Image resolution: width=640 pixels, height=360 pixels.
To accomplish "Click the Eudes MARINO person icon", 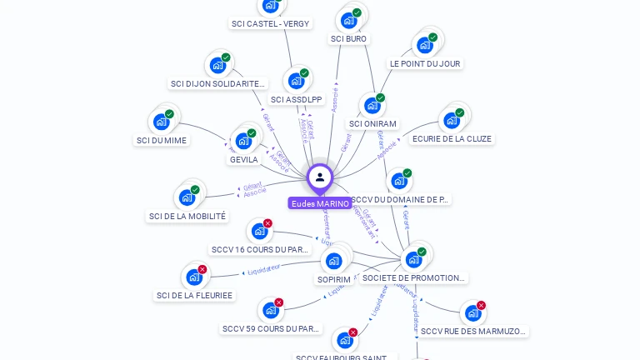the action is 320,177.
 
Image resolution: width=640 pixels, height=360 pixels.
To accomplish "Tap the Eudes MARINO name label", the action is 320,203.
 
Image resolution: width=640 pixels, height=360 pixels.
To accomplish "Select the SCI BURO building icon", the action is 348,20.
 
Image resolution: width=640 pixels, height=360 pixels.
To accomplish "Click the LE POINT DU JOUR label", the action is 425,63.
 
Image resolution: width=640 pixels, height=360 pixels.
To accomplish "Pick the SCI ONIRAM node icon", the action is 372,106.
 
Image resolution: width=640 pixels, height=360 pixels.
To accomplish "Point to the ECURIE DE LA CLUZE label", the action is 452,139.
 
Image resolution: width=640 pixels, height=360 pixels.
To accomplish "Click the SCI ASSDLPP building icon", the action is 296,81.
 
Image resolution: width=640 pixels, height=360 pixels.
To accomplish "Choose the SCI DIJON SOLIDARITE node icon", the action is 217,65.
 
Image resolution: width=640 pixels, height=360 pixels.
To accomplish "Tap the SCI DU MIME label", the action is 162,140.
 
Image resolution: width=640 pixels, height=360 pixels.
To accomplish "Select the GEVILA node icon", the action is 243,141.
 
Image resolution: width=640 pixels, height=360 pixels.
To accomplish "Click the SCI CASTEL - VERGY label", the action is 270,24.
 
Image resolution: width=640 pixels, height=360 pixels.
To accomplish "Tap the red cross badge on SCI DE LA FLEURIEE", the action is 202,269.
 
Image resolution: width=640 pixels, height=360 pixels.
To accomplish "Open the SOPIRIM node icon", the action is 334,261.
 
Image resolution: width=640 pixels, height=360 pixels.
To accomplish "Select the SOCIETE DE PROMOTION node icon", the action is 413,259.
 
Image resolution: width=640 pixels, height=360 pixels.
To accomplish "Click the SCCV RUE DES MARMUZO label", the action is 473,331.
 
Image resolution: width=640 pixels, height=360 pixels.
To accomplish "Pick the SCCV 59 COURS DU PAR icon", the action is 270,311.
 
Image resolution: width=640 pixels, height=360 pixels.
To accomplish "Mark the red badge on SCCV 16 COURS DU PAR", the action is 267,223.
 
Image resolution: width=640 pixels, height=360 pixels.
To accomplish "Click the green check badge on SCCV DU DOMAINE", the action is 407,173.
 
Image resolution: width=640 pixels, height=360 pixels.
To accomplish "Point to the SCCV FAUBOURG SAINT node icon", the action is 344,341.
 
